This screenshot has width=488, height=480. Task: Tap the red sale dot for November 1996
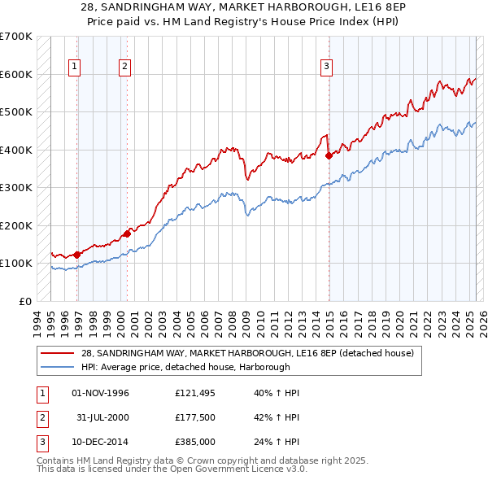pyautogui.click(x=77, y=255)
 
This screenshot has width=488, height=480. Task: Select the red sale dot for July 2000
pyautogui.click(x=128, y=234)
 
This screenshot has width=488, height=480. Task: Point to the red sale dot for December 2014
pyautogui.click(x=329, y=155)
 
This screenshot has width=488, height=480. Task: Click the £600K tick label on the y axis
pyautogui.click(x=15, y=74)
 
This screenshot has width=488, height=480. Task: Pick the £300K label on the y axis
pyautogui.click(x=15, y=187)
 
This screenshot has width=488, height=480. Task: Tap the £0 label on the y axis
pyautogui.click(x=24, y=301)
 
